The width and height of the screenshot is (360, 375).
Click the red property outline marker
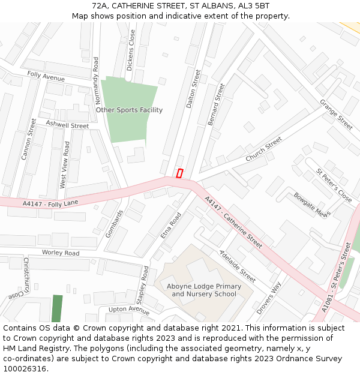click(x=179, y=173)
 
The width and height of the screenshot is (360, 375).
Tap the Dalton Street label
click(x=193, y=88)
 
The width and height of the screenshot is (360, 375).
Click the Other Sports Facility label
click(x=129, y=110)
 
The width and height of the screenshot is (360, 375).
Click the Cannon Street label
click(x=28, y=139)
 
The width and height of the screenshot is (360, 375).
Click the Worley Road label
click(x=60, y=253)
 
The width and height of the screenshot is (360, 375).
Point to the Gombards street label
click(x=113, y=224)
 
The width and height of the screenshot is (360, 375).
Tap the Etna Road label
click(x=170, y=226)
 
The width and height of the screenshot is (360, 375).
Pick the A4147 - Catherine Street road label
click(x=233, y=223)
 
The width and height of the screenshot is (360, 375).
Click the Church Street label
click(x=263, y=149)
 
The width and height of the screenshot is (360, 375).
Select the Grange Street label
click(x=336, y=114)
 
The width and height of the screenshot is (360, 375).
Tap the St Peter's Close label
click(x=334, y=185)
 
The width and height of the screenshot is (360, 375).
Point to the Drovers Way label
click(x=268, y=298)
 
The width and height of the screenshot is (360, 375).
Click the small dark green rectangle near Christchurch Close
click(x=57, y=308)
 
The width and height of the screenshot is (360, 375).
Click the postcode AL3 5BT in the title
click(x=253, y=5)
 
